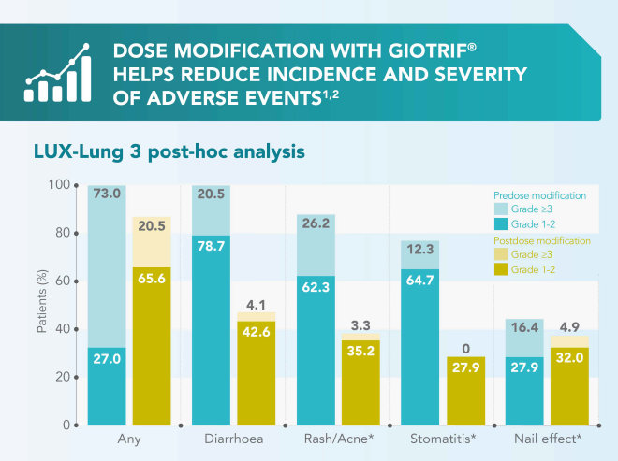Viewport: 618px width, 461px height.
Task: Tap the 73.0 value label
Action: coord(107,194)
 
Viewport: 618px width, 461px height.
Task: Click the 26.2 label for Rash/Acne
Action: coord(315,223)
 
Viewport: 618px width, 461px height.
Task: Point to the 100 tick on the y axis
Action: coord(60,185)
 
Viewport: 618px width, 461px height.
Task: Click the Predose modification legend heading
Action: coord(539,196)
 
